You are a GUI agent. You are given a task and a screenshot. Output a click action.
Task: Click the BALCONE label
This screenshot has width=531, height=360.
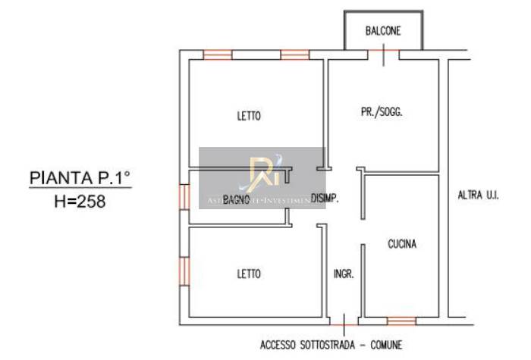[382, 31]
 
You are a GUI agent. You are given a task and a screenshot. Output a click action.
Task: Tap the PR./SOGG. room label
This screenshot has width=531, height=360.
[381, 111]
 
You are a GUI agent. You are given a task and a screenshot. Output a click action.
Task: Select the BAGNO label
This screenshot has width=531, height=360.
[237, 199]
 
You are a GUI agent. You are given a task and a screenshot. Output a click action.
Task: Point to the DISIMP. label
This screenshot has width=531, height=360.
[324, 199]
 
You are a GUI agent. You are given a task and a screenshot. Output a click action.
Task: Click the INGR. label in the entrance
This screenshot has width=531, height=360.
[344, 274]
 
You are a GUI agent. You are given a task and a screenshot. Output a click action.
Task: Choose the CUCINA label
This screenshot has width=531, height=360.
[402, 244]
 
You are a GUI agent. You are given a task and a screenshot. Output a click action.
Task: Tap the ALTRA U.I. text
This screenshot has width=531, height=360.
[478, 195]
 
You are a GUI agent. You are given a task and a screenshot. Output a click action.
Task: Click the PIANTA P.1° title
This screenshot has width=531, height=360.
[80, 178]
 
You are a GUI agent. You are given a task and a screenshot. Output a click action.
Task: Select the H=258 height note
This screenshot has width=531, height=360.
[80, 202]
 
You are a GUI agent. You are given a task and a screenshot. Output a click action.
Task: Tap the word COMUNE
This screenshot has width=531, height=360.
[385, 345]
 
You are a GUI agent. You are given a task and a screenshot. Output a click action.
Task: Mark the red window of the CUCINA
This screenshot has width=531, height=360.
[401, 321]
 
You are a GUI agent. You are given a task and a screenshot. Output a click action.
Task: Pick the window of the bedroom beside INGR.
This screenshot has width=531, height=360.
[184, 271]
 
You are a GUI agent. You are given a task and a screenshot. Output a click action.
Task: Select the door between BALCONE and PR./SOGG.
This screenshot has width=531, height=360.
[384, 53]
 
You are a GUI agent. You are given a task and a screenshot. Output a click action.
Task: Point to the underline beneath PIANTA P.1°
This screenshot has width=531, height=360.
[80, 189]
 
